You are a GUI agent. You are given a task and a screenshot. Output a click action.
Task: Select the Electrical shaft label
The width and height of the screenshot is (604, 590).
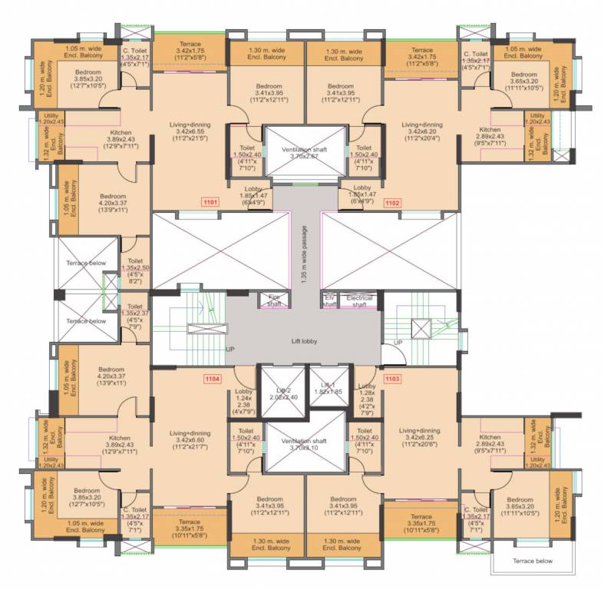(x=359, y=300)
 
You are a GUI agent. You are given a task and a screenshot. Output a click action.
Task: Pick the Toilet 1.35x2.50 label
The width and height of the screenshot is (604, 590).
(x=135, y=270)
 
